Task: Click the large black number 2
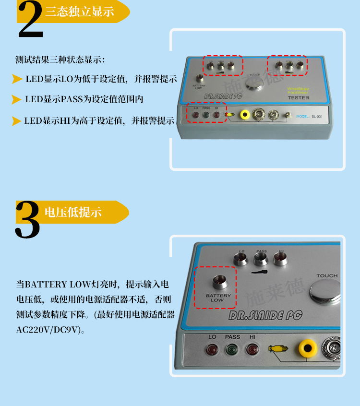click(x=30, y=20)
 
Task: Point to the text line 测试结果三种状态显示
click(x=60, y=60)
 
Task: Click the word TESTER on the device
click(x=298, y=98)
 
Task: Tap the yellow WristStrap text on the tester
click(x=298, y=89)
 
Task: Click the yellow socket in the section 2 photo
click(x=246, y=115)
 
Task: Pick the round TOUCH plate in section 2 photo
click(x=255, y=84)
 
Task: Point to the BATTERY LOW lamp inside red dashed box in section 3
click(x=219, y=281)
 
